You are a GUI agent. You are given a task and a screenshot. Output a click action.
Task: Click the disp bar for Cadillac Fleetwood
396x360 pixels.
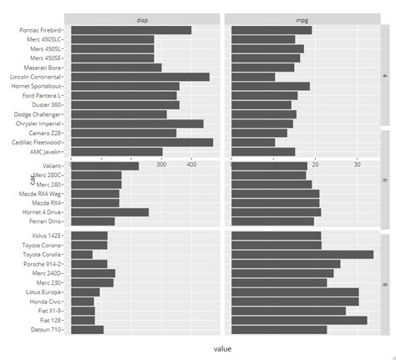tap(142, 142)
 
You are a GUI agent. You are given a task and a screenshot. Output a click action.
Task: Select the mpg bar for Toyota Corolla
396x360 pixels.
tap(300, 254)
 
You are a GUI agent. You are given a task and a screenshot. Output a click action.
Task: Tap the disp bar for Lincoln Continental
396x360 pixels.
tap(140, 77)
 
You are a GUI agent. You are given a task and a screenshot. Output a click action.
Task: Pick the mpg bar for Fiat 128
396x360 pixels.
tap(297, 320)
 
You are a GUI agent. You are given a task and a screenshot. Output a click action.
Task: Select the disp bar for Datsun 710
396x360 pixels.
tap(88, 329)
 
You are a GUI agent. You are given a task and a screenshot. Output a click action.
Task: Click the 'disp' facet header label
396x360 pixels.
tap(144, 18)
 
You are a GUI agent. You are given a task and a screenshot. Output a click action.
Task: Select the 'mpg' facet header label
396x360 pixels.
tap(301, 18)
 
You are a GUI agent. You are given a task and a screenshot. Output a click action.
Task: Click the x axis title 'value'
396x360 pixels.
tap(223, 348)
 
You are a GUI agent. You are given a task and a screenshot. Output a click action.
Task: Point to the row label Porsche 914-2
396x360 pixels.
tap(46, 264)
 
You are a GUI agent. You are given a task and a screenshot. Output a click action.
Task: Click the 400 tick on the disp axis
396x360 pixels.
tap(191, 165)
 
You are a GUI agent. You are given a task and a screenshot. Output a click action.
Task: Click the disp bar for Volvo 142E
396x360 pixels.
tap(89, 236)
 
